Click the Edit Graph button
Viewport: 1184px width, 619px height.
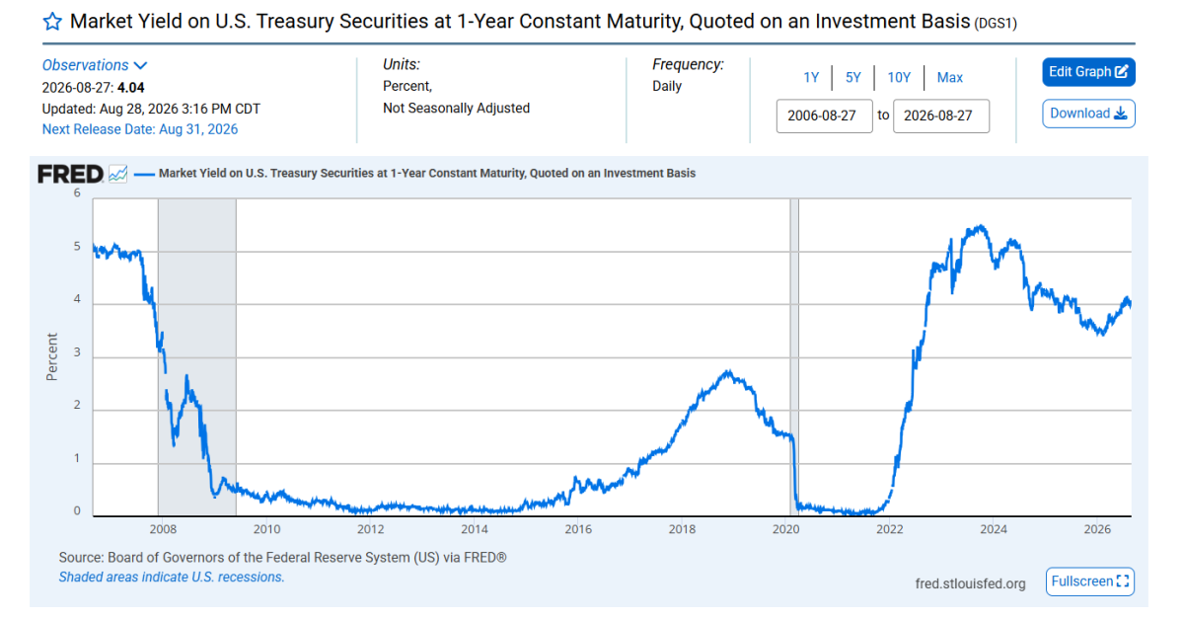pos(1088,72)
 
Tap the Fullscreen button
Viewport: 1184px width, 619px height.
pos(1090,581)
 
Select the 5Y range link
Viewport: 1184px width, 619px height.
pos(853,78)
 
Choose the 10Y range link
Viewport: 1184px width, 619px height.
pos(899,78)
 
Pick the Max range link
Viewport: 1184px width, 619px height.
pos(950,78)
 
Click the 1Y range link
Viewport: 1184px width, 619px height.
pos(811,78)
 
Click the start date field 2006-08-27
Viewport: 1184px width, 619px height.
pos(824,116)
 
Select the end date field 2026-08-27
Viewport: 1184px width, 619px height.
pos(941,116)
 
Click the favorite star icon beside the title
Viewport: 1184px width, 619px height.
pos(52,22)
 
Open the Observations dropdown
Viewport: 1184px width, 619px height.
pos(95,65)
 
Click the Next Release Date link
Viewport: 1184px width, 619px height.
pos(140,129)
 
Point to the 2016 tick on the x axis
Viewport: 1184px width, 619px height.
pos(578,529)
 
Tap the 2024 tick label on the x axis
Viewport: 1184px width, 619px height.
pos(994,529)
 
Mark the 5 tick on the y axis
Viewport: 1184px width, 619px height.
pos(77,247)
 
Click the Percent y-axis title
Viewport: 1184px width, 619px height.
pos(51,356)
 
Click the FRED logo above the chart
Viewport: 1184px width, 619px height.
pos(70,174)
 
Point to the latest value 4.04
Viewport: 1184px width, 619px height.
pos(130,88)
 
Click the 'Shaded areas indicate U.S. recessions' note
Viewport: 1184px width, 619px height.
pos(172,578)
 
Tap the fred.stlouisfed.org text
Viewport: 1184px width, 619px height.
pos(971,583)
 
